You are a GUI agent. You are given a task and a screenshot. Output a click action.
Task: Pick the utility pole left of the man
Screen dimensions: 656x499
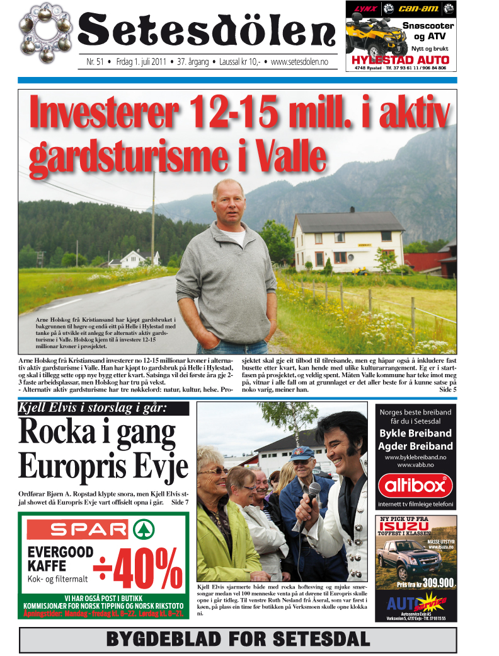pyautogui.click(x=152, y=221)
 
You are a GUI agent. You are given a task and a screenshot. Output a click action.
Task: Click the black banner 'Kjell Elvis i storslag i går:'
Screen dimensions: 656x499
pyautogui.click(x=104, y=408)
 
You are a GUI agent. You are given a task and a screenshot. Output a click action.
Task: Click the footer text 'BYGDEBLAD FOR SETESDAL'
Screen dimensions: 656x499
pyautogui.click(x=238, y=639)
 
